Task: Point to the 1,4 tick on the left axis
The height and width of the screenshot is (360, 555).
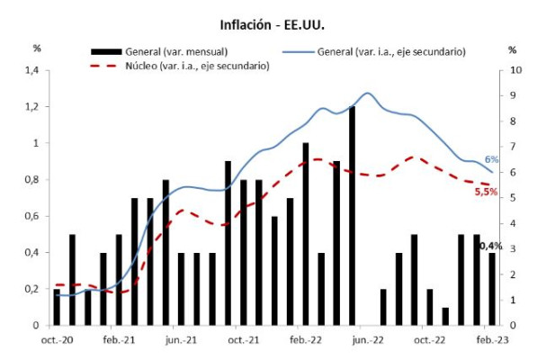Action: pos(32,70)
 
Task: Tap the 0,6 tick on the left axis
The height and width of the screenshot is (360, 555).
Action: pos(32,216)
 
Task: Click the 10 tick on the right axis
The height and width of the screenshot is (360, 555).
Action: pos(514,70)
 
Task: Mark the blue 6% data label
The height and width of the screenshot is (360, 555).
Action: pos(492,159)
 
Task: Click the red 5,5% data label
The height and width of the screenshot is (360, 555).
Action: pos(487,191)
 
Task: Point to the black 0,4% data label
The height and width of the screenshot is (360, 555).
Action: pos(490,245)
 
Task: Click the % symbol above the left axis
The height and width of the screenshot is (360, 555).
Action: pos(37,49)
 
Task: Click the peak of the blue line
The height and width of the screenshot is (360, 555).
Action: pos(367,93)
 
